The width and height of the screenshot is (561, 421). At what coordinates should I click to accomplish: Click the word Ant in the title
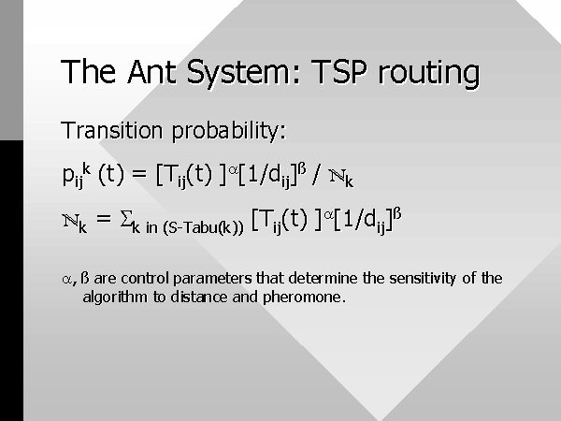click(151, 72)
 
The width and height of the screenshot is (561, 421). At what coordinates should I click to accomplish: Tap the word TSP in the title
click(338, 72)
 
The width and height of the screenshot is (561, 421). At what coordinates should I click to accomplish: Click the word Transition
click(112, 130)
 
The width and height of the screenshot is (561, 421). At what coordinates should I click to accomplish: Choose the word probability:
click(229, 131)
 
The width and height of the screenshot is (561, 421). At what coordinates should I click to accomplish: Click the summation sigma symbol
click(126, 218)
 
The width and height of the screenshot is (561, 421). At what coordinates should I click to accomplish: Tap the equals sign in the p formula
click(139, 174)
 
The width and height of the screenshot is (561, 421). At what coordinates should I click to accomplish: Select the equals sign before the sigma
click(104, 218)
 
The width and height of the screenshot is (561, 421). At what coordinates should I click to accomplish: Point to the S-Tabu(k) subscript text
click(203, 228)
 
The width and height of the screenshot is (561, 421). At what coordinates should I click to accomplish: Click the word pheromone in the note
click(304, 298)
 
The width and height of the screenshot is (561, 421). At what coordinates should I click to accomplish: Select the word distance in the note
click(199, 298)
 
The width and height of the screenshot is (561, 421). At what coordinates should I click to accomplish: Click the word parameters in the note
click(212, 279)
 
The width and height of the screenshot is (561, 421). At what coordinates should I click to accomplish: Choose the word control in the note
click(145, 278)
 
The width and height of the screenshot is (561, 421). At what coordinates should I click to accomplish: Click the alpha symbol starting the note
click(66, 279)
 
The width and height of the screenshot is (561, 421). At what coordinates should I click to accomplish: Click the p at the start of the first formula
click(67, 176)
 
